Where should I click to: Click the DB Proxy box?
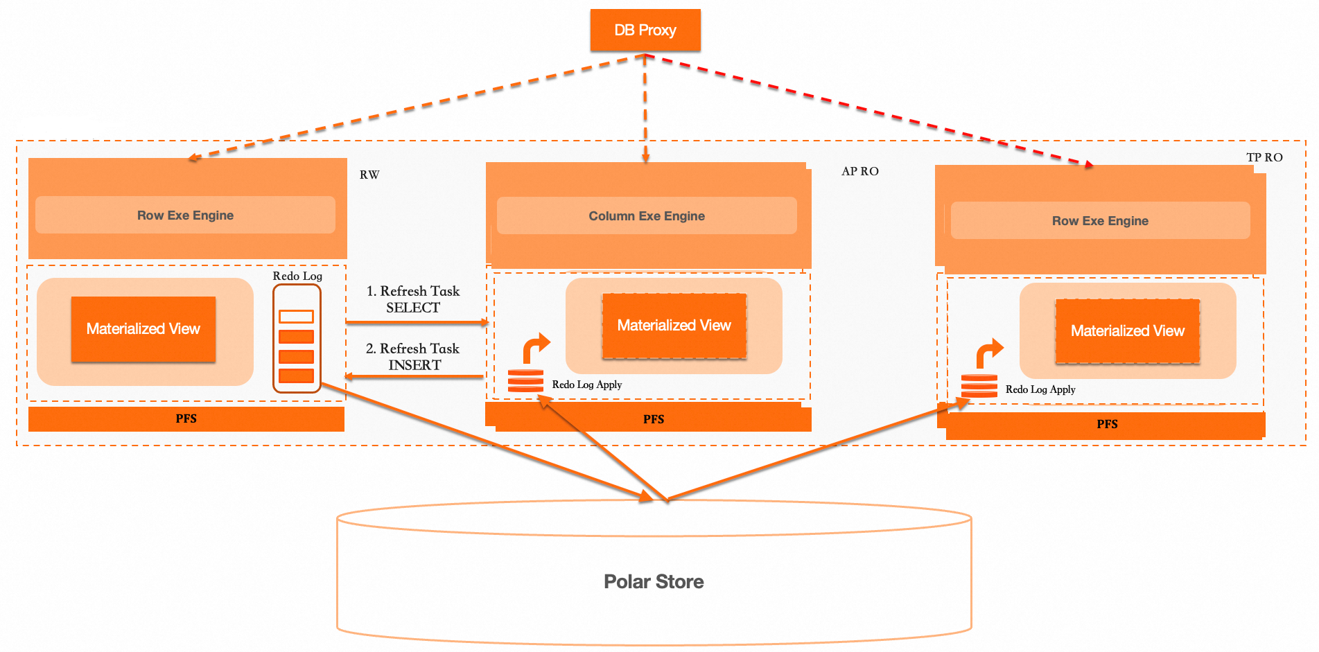(645, 30)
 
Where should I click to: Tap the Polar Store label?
(654, 581)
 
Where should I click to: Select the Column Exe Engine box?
(647, 216)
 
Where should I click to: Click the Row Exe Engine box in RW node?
(185, 215)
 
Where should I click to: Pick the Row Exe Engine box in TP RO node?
(1100, 221)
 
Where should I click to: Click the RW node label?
(369, 175)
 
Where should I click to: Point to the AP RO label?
(859, 171)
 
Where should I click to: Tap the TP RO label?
(1264, 157)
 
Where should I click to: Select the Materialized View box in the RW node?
(143, 329)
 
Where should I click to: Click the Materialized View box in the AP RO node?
(674, 326)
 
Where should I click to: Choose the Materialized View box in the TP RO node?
(1127, 331)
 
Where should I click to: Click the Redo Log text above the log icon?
(297, 276)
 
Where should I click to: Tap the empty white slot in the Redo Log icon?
(296, 317)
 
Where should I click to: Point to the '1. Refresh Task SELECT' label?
(413, 299)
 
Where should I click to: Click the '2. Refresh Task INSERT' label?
(413, 357)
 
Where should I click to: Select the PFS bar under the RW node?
(186, 418)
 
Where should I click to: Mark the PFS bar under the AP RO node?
(653, 419)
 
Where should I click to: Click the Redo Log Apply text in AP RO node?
(586, 385)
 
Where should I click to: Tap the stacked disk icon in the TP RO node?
(979, 385)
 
